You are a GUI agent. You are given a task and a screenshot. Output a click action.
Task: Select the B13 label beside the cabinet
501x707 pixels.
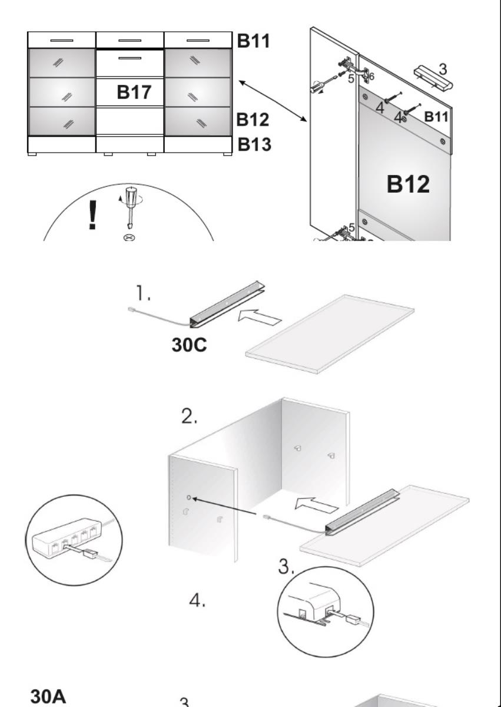pyautogui.click(x=254, y=144)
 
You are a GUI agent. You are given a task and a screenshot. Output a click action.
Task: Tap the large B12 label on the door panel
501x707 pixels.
pyautogui.click(x=408, y=184)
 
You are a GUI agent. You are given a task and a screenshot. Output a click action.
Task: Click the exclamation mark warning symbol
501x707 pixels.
pyautogui.click(x=92, y=214)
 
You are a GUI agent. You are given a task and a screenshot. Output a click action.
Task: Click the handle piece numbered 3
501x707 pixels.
pyautogui.click(x=433, y=78)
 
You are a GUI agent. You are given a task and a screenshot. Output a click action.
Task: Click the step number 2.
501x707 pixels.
pyautogui.click(x=190, y=417)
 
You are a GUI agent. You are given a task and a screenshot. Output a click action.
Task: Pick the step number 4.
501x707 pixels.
pyautogui.click(x=197, y=602)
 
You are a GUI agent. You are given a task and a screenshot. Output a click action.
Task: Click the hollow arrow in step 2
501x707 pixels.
pyautogui.click(x=316, y=504)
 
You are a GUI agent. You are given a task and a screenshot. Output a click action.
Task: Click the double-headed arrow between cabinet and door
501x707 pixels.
pyautogui.click(x=273, y=101)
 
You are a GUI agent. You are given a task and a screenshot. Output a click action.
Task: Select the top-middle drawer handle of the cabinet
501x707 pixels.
pyautogui.click(x=130, y=40)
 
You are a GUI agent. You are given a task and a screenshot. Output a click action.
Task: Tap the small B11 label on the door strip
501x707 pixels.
pyautogui.click(x=437, y=116)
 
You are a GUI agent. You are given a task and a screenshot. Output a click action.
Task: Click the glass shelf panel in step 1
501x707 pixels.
pyautogui.click(x=330, y=333)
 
